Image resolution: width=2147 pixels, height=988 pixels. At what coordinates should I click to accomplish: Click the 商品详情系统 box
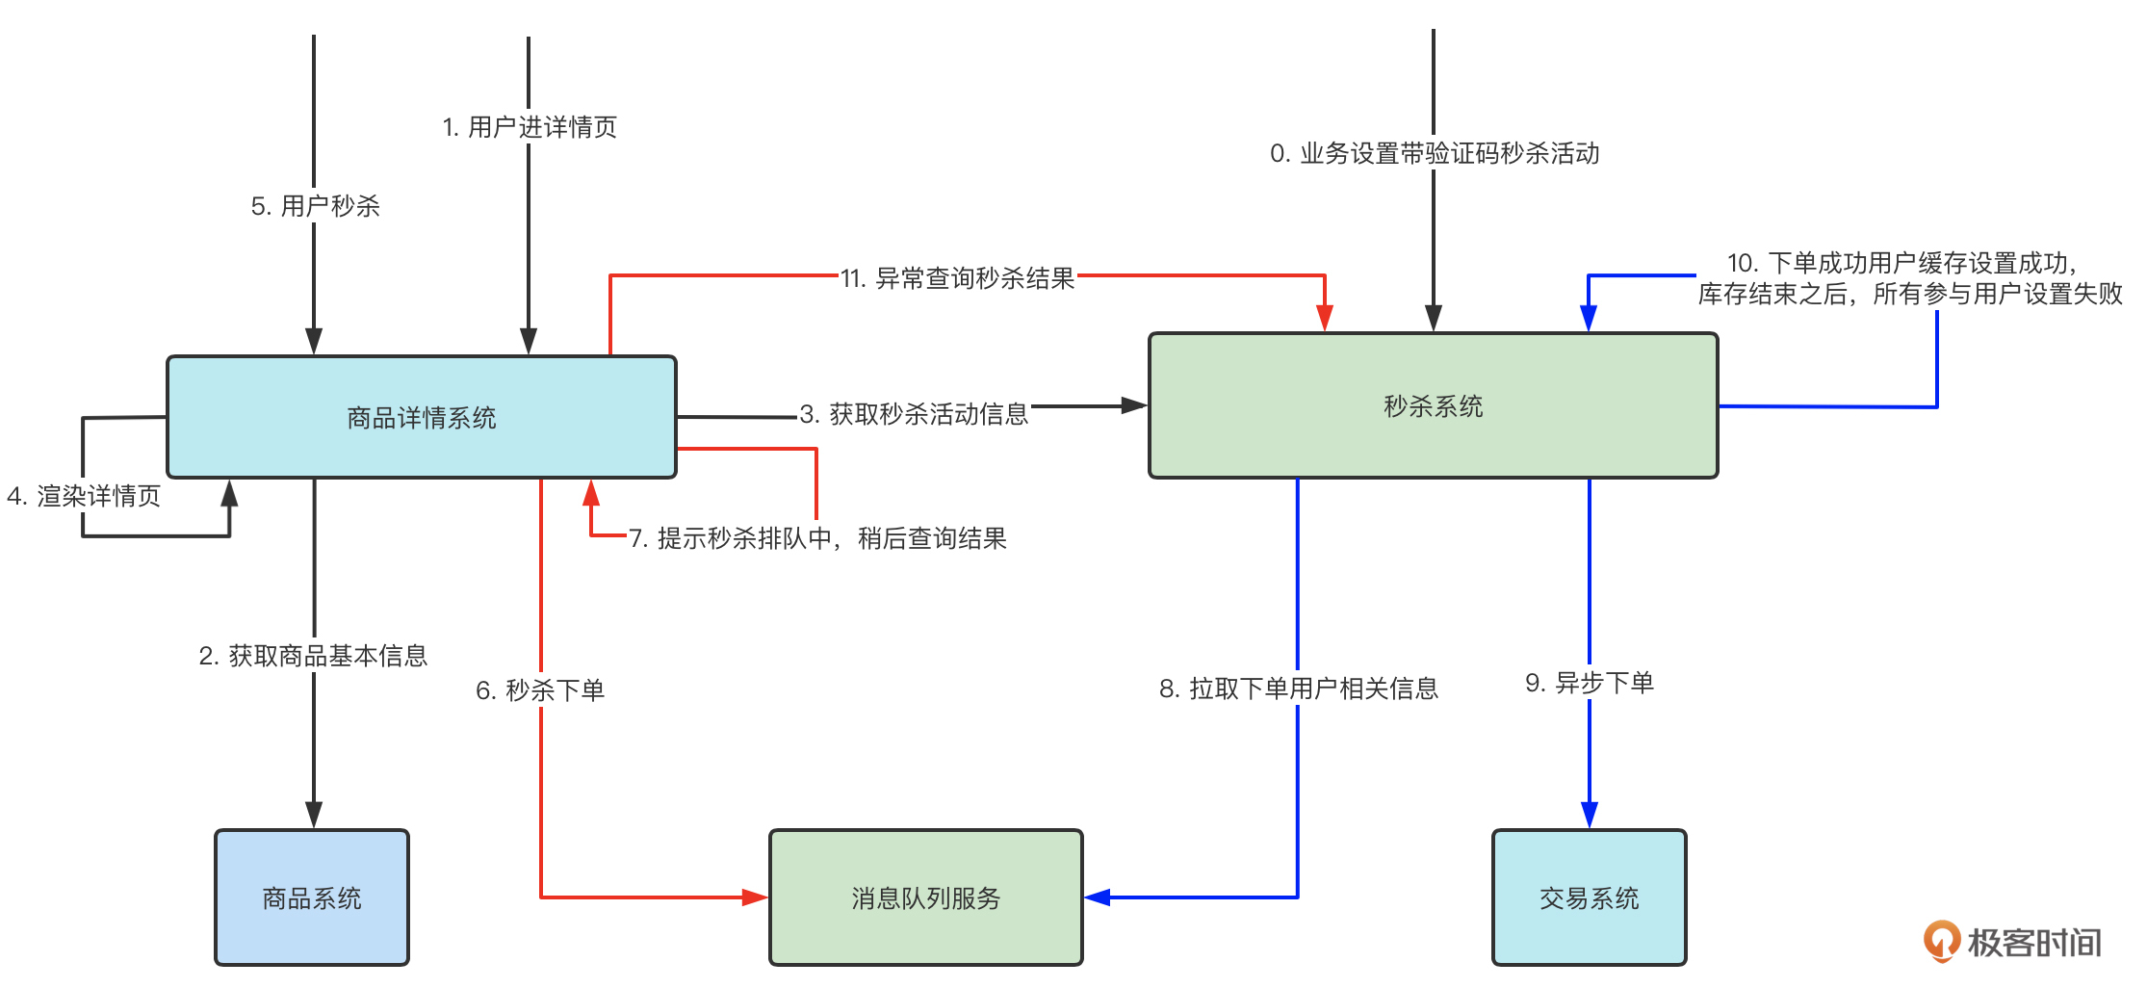tap(422, 417)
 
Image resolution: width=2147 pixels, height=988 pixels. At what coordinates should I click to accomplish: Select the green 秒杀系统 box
tap(1433, 405)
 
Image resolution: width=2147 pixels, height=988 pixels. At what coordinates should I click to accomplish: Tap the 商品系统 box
tap(312, 897)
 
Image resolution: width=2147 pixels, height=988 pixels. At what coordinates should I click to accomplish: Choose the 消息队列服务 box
tap(925, 897)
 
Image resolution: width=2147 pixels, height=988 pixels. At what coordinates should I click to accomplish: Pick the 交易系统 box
tap(1589, 897)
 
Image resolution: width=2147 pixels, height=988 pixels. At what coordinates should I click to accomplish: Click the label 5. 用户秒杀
tap(315, 206)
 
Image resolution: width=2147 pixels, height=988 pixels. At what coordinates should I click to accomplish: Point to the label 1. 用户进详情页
tap(530, 127)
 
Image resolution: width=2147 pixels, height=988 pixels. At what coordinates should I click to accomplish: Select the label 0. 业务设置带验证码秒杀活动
tap(1435, 153)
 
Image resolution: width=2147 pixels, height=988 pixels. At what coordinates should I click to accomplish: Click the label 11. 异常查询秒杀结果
tap(957, 278)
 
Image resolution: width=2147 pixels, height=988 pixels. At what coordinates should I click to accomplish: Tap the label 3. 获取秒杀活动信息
tap(914, 414)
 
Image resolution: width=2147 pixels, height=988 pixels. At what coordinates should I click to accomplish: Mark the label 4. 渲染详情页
tap(84, 496)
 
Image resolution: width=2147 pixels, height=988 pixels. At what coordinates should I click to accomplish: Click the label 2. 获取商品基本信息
tap(313, 656)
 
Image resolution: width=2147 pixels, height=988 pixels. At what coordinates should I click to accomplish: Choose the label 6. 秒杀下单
tap(540, 689)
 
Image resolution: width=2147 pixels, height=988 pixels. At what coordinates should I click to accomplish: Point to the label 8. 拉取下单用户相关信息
tap(1298, 688)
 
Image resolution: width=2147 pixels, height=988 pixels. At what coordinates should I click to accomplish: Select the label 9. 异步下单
tap(1590, 683)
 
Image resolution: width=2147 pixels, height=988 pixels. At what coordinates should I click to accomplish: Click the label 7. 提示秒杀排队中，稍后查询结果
tap(817, 538)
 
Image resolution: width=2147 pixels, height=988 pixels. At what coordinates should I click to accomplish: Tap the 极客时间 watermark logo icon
tap(1941, 941)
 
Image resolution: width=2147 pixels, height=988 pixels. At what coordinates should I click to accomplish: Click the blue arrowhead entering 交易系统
tap(1590, 815)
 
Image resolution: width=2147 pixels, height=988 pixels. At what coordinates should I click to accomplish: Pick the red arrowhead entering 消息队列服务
tap(755, 897)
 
